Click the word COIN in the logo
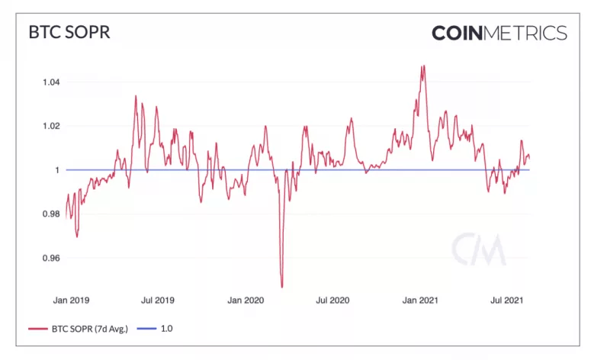tap(462, 33)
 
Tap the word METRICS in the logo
tap(531, 33)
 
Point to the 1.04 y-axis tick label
tap(50, 82)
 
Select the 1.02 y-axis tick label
tap(50, 126)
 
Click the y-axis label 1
tap(57, 170)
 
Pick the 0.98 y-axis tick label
tap(50, 214)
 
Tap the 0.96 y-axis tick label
tap(50, 259)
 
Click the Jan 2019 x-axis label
tap(69, 301)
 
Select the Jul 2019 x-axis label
tap(157, 301)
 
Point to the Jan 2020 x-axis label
tap(246, 301)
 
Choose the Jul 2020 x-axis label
tap(333, 301)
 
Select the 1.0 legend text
tap(167, 329)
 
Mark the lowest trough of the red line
tap(282, 287)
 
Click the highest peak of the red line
tap(422, 66)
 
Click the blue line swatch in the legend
tap(147, 329)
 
